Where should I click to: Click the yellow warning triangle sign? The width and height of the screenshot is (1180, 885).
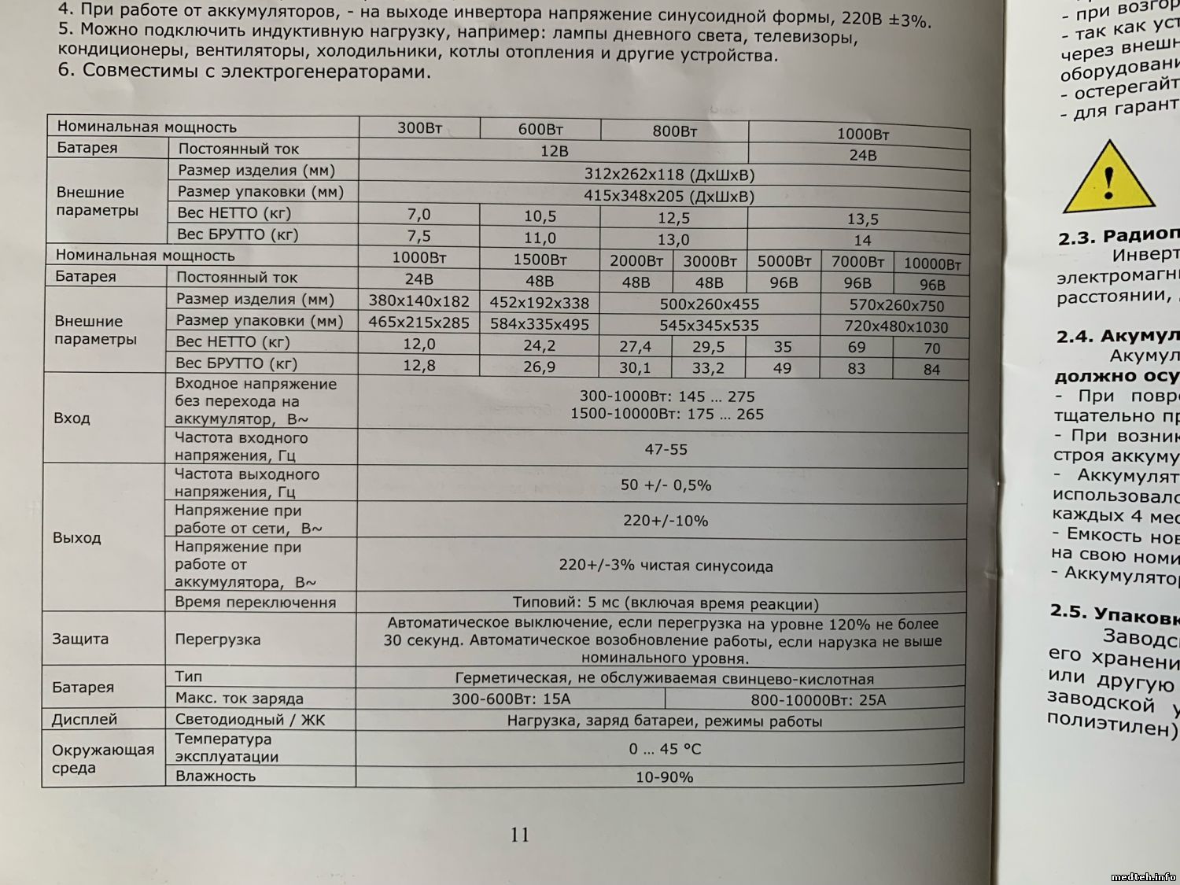click(1108, 179)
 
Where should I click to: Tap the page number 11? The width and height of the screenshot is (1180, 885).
click(520, 835)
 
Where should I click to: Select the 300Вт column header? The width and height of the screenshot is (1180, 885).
click(419, 127)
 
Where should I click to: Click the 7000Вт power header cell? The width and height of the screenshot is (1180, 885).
click(857, 261)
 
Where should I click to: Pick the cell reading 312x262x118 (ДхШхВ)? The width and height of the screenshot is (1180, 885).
click(669, 175)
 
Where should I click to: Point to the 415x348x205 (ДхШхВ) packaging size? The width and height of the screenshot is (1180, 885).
click(669, 196)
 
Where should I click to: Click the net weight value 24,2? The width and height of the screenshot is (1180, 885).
click(540, 345)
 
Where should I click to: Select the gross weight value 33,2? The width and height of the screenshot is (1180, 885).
click(708, 367)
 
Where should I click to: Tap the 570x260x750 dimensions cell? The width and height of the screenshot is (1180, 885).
click(896, 305)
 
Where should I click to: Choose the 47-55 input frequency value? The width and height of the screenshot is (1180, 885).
click(666, 449)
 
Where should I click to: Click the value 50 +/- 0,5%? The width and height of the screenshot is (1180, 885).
click(666, 485)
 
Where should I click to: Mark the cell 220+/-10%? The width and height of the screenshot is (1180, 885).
click(666, 521)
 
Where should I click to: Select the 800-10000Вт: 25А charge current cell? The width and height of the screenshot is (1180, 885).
click(818, 699)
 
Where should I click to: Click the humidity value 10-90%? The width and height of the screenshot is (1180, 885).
click(664, 777)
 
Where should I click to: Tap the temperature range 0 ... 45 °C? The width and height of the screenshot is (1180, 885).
click(664, 749)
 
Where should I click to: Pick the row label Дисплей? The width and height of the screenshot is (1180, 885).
click(84, 719)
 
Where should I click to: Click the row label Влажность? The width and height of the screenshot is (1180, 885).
click(215, 776)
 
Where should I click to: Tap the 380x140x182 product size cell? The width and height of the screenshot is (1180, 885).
click(419, 301)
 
